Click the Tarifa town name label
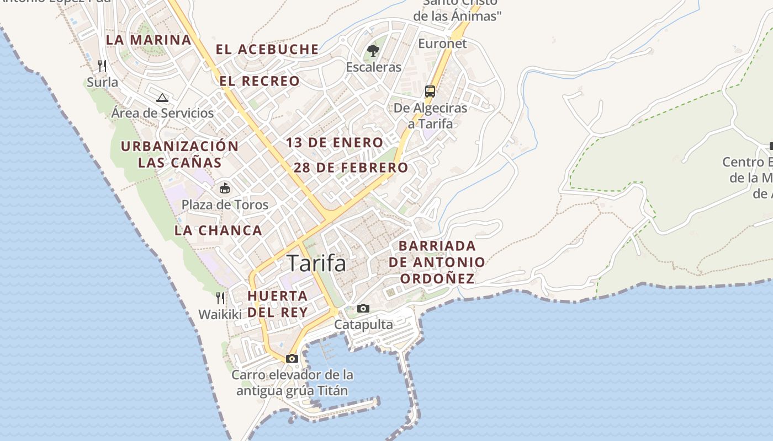coord(316,263)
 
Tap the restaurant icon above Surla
coord(102,66)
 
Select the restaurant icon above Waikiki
coord(220,298)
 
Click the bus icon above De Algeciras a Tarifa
coord(430,92)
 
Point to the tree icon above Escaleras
coord(373,51)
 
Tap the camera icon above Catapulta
coord(363,308)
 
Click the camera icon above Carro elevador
coord(292,359)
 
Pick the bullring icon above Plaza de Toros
coord(225,189)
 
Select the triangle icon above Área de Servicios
coord(162,98)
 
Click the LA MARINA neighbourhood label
coord(149,40)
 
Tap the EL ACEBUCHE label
coord(267,50)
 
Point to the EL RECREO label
coord(260,81)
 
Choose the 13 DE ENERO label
coord(334,143)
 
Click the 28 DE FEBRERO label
coord(351,168)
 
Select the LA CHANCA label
coord(218,230)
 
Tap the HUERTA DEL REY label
coord(277,304)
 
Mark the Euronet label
coord(442,44)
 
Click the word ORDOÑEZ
coord(437,278)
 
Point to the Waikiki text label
coord(220,315)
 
